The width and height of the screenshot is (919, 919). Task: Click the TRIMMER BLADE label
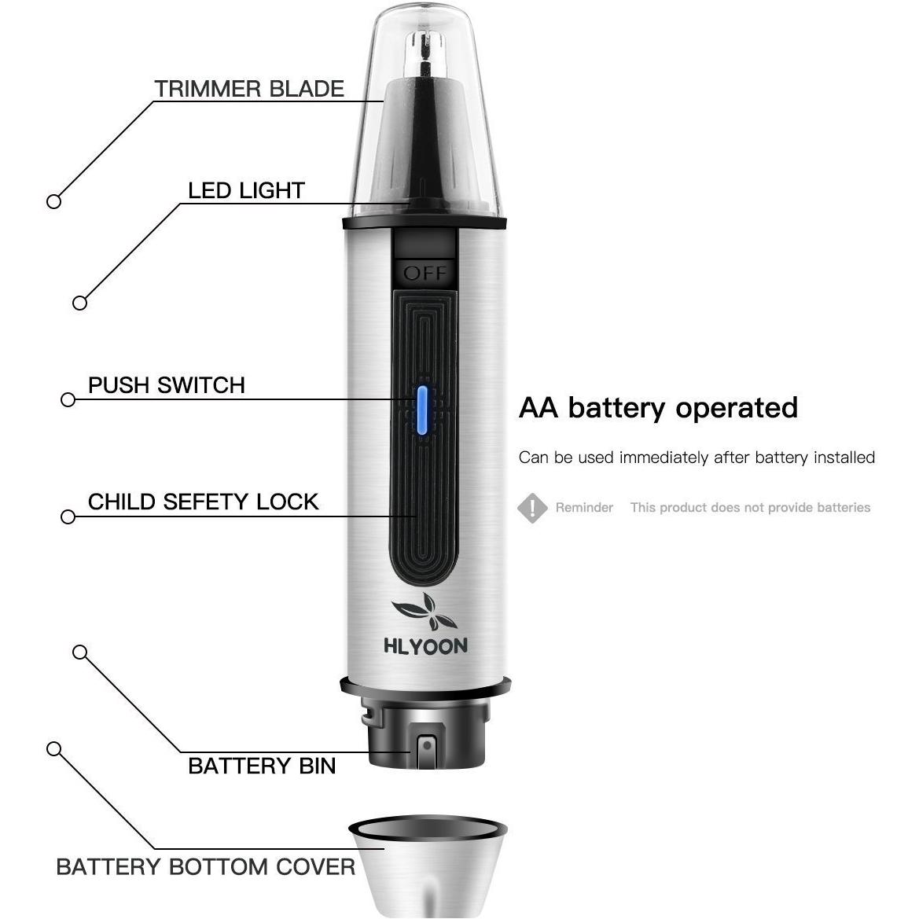[x=248, y=89]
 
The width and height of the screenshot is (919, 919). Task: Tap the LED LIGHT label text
[x=246, y=191]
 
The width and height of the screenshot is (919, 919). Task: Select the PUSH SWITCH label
[x=167, y=385]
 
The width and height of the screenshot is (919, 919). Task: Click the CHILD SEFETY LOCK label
[x=203, y=502]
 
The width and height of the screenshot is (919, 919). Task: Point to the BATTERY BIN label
[x=262, y=766]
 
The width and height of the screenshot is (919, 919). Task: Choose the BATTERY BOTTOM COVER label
[x=205, y=867]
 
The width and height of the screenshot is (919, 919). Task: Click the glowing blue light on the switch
[x=422, y=410]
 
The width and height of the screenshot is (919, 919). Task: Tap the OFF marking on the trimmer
[x=425, y=273]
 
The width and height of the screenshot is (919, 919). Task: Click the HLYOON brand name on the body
[x=425, y=646]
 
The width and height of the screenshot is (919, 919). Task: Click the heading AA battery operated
[x=658, y=408]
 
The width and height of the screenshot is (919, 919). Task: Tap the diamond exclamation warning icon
[x=532, y=508]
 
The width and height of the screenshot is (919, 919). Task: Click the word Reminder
[x=584, y=508]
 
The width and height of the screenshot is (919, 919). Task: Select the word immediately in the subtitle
[x=664, y=458]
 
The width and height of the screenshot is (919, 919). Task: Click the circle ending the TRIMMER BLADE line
[x=53, y=201]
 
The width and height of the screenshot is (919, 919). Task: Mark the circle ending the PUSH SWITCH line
[x=68, y=399]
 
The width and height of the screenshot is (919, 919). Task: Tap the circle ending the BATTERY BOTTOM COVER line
[x=53, y=748]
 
